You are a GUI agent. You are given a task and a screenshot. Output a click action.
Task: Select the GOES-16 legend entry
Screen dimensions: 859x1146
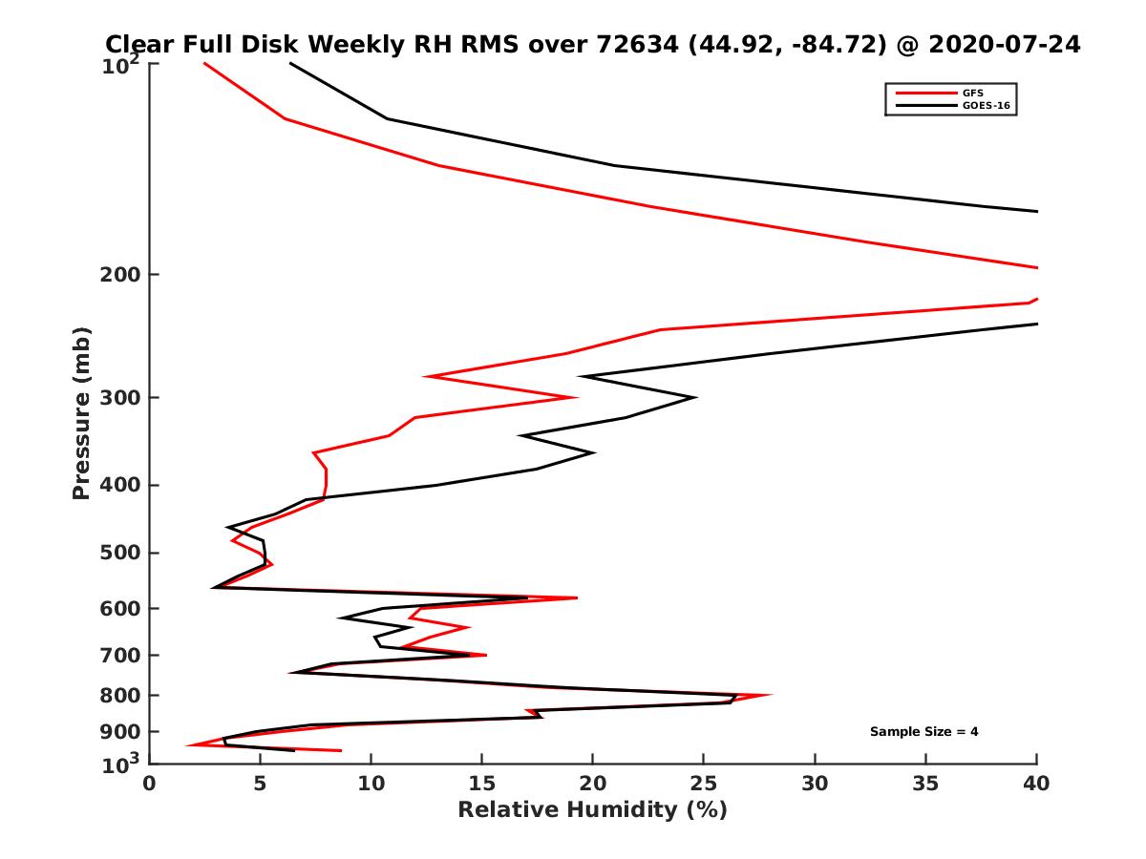(984, 104)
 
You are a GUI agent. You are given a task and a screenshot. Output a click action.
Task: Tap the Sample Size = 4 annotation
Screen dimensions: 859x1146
(923, 732)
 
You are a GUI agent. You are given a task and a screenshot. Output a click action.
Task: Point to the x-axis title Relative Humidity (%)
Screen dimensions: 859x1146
(592, 810)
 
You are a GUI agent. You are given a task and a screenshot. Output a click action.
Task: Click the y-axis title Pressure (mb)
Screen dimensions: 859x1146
(81, 412)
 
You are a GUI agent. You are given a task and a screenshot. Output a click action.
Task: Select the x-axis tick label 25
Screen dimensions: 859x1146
(704, 784)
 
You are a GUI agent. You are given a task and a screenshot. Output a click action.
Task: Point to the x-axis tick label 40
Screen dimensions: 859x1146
(1036, 784)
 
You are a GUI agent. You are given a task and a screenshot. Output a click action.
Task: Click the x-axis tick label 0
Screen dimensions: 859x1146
(149, 784)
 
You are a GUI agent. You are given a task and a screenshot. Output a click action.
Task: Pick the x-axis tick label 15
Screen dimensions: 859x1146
(481, 784)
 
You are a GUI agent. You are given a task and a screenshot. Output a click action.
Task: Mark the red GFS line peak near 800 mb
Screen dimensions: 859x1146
(771, 695)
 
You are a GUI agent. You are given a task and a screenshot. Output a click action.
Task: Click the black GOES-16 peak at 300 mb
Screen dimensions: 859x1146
(695, 397)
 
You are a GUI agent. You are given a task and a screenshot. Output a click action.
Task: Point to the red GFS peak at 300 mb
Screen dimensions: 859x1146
(577, 397)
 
